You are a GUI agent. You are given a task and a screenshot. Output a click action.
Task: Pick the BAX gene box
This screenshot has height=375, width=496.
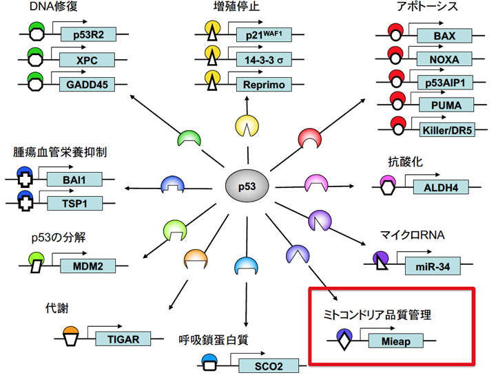tap(440, 35)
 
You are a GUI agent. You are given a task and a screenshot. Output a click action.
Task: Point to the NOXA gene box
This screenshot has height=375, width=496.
tap(440, 58)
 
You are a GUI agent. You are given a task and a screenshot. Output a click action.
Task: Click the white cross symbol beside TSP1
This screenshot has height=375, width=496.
tap(25, 204)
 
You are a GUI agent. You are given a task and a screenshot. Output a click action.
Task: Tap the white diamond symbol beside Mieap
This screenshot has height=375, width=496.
tap(344, 340)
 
